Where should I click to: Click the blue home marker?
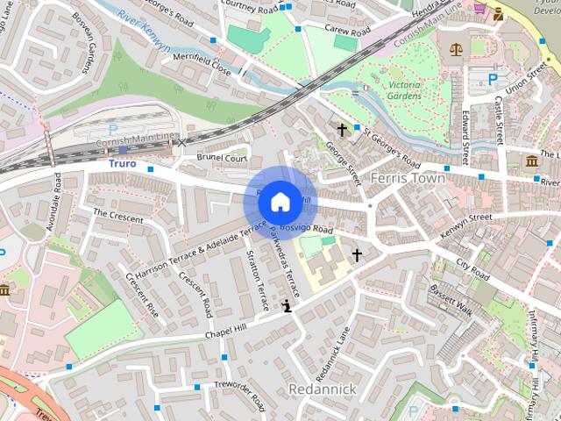click(280, 202)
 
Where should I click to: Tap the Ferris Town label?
click(408, 178)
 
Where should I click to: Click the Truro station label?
click(124, 163)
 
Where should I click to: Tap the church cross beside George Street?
click(342, 129)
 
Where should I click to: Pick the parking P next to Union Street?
click(493, 78)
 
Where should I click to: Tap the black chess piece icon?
click(287, 305)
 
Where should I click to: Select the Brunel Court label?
click(222, 159)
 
